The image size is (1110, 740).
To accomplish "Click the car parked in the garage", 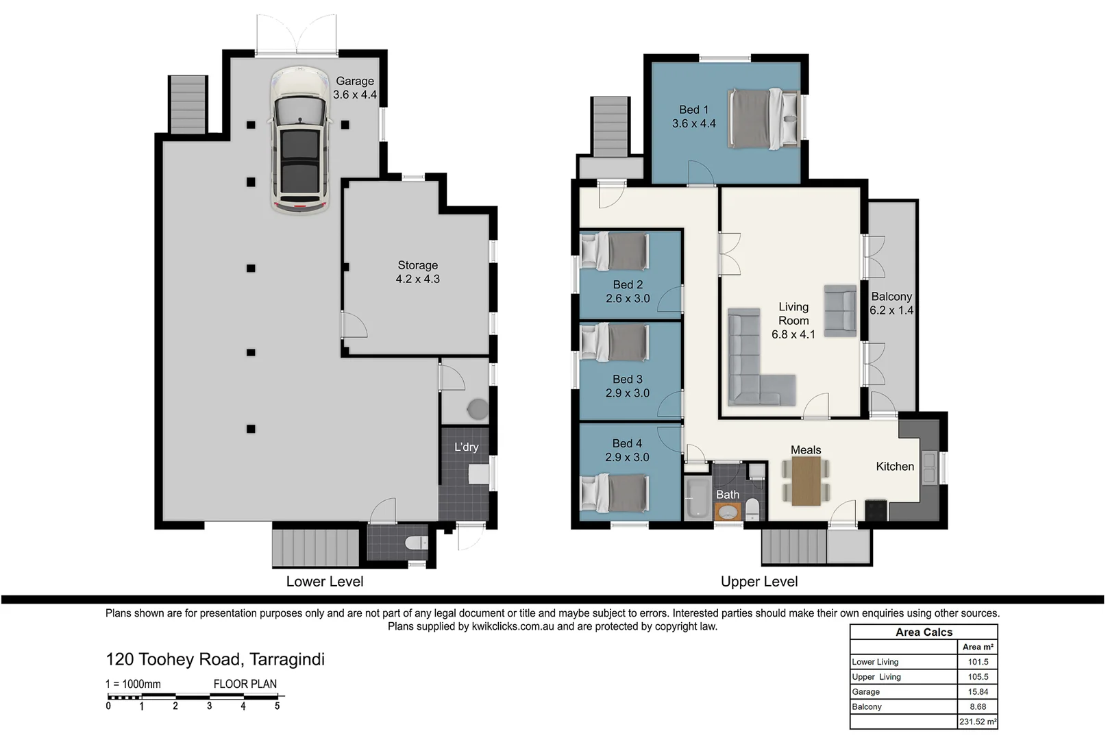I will click(300, 140).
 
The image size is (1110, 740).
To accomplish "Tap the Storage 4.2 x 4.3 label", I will click(417, 272).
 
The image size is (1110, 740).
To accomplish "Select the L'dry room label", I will click(466, 447).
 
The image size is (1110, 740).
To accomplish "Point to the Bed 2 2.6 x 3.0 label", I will click(628, 291).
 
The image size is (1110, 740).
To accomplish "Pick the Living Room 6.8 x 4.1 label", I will click(793, 321).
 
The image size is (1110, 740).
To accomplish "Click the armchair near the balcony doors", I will click(840, 310).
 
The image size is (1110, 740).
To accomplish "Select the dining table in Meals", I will click(806, 481).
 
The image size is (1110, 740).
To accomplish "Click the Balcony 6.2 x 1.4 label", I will click(891, 303).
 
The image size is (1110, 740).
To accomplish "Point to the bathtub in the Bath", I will click(698, 498).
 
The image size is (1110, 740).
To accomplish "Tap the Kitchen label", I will click(894, 467).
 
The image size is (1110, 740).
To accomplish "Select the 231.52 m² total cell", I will click(977, 721).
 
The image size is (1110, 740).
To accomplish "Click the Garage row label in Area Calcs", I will click(866, 692).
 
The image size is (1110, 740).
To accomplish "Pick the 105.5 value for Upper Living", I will click(977, 677).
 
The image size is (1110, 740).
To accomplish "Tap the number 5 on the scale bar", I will click(277, 706).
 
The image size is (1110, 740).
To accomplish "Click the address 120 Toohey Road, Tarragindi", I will click(215, 659).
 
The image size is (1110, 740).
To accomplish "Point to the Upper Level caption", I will click(758, 582).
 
